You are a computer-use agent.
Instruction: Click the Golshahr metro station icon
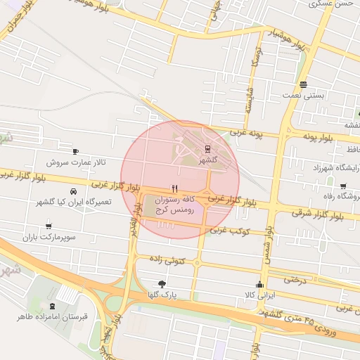click(x=207, y=148)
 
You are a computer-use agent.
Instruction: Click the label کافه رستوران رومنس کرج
click(x=174, y=207)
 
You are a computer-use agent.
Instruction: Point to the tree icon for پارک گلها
click(x=163, y=284)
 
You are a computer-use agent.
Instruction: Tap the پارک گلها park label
click(x=164, y=295)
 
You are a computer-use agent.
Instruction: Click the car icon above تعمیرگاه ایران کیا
click(x=74, y=191)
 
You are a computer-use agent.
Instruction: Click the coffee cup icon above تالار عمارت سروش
click(x=76, y=151)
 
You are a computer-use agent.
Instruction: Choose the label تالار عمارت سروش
click(x=76, y=162)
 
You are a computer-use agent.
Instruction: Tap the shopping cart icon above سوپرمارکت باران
click(x=49, y=226)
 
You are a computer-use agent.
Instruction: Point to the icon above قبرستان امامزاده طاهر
click(x=53, y=305)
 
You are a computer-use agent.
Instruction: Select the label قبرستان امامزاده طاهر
click(x=53, y=317)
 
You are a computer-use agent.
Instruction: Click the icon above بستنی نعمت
click(x=303, y=84)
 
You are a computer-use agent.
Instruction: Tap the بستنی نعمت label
click(x=303, y=95)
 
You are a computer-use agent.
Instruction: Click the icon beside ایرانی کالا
click(x=260, y=285)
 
